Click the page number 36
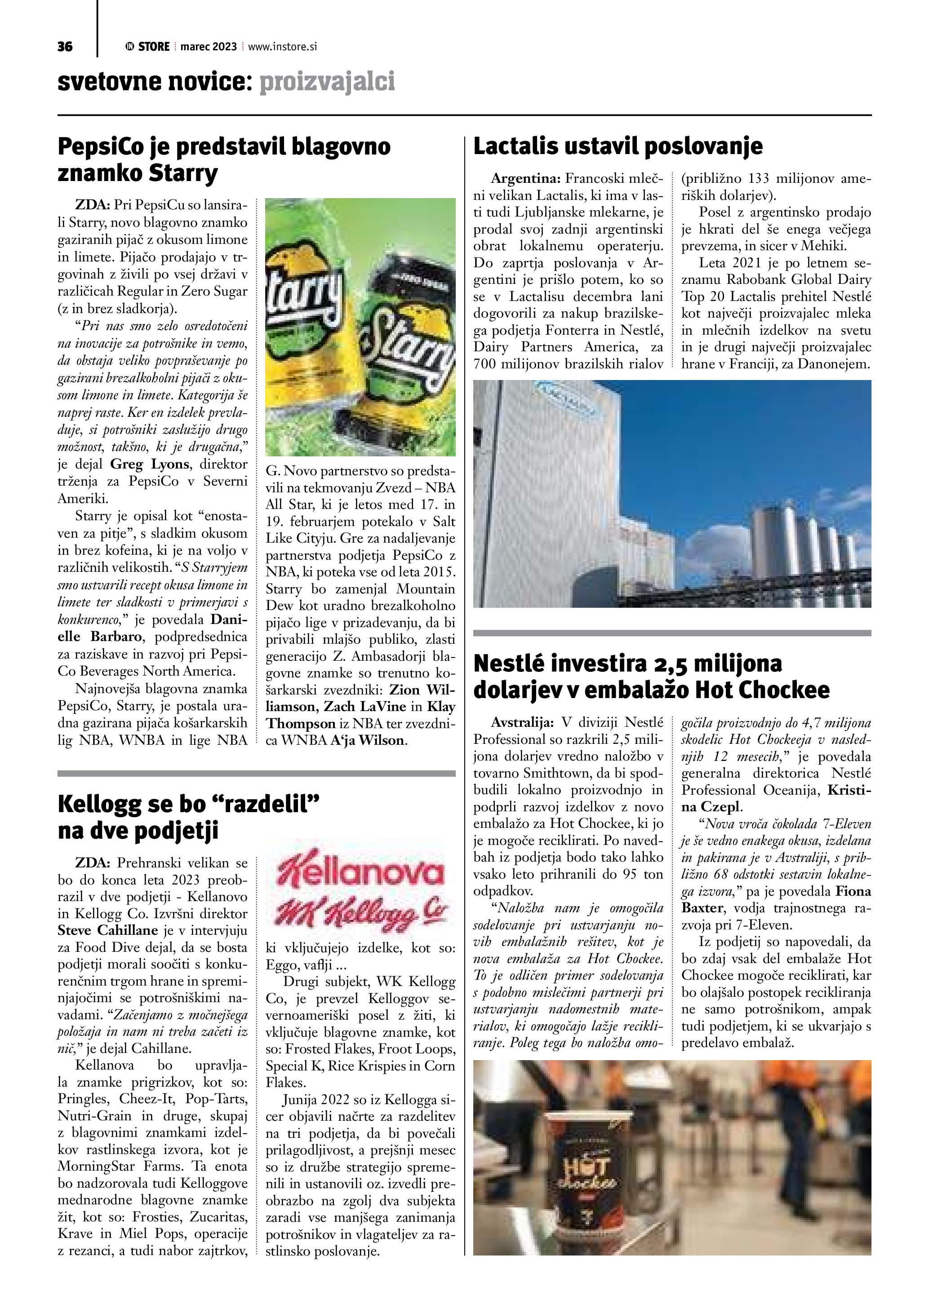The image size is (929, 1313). pyautogui.click(x=65, y=47)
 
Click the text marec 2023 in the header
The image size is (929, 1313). pyautogui.click(x=208, y=47)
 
